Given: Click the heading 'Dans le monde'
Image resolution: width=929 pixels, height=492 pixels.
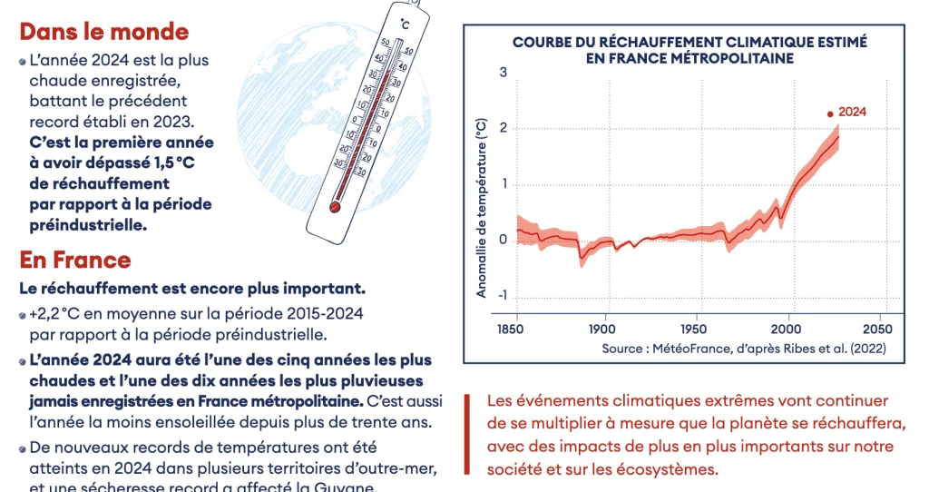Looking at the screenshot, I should pos(104,32).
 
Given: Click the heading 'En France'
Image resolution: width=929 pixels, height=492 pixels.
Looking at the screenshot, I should pos(75,261).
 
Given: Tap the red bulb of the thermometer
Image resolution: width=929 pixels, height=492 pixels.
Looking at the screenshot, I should pos(334,207).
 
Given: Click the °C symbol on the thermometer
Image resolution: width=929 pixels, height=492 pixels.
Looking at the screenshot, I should pos(405,22).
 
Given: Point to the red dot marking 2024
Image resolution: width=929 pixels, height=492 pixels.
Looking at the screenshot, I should pos(829,113).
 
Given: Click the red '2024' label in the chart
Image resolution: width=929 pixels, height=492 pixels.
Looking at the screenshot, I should pos(852,112).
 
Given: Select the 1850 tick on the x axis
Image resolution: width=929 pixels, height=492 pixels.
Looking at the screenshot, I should pos(515,328).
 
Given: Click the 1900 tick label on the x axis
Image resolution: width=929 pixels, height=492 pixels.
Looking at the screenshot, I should pos(603,328).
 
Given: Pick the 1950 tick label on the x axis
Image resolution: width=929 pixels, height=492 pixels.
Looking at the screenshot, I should pos(696,328).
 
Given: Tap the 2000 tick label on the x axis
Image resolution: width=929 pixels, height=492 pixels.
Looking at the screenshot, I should pos(787,328).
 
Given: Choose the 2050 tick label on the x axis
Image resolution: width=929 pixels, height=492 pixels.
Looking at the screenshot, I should pos(877,328).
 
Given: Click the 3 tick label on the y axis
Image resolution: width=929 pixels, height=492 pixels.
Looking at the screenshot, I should pos(503,71).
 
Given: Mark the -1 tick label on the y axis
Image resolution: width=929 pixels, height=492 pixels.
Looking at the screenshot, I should pos(501,297).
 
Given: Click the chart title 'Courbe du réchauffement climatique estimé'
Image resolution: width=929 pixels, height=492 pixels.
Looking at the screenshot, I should pos(689,42).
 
